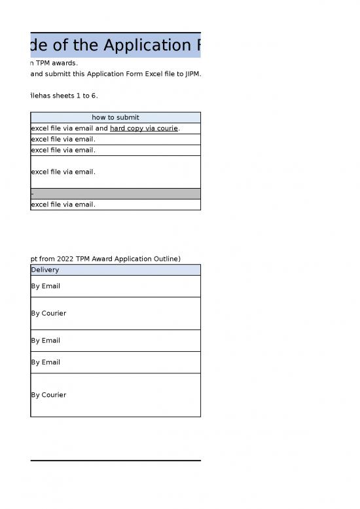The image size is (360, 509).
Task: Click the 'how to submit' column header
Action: tap(115, 118)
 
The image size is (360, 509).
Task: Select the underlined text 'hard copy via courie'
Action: tap(144, 128)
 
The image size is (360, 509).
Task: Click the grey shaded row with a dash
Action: tap(115, 193)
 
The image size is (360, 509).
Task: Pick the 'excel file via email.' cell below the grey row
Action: tap(63, 204)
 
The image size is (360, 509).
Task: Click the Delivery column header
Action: tap(45, 270)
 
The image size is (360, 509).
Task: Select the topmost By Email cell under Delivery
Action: tap(46, 286)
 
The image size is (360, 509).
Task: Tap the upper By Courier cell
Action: tap(48, 313)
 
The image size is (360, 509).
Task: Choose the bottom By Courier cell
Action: tap(48, 395)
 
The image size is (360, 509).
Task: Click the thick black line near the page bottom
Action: tap(115, 461)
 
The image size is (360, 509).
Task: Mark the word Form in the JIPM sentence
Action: tap(122, 73)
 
